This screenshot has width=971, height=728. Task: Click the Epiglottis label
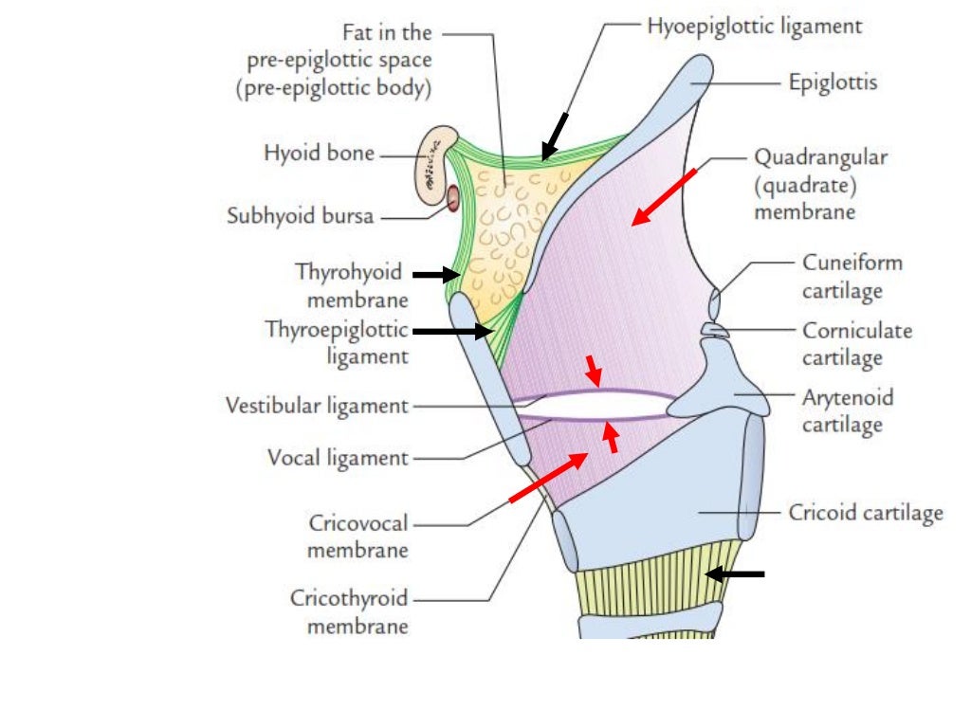(833, 82)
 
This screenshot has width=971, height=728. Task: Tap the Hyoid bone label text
(320, 154)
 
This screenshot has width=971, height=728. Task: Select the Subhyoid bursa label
(301, 216)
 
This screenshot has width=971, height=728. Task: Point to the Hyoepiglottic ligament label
(755, 27)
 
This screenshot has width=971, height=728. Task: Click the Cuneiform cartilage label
(852, 276)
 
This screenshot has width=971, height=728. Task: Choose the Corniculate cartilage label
(856, 344)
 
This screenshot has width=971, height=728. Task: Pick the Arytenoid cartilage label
(847, 410)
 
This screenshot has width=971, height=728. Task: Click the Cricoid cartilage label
(866, 513)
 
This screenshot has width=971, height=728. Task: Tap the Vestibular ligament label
(317, 407)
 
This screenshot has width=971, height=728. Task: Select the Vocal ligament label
(338, 459)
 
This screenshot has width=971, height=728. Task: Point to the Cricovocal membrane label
(358, 536)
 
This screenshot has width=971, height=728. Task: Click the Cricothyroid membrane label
(349, 611)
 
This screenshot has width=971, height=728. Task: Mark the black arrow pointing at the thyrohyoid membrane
(434, 274)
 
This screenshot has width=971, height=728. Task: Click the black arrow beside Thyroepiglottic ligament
(453, 332)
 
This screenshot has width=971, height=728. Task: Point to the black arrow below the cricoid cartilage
(734, 573)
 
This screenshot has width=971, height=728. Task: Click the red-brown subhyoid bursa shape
(453, 198)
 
